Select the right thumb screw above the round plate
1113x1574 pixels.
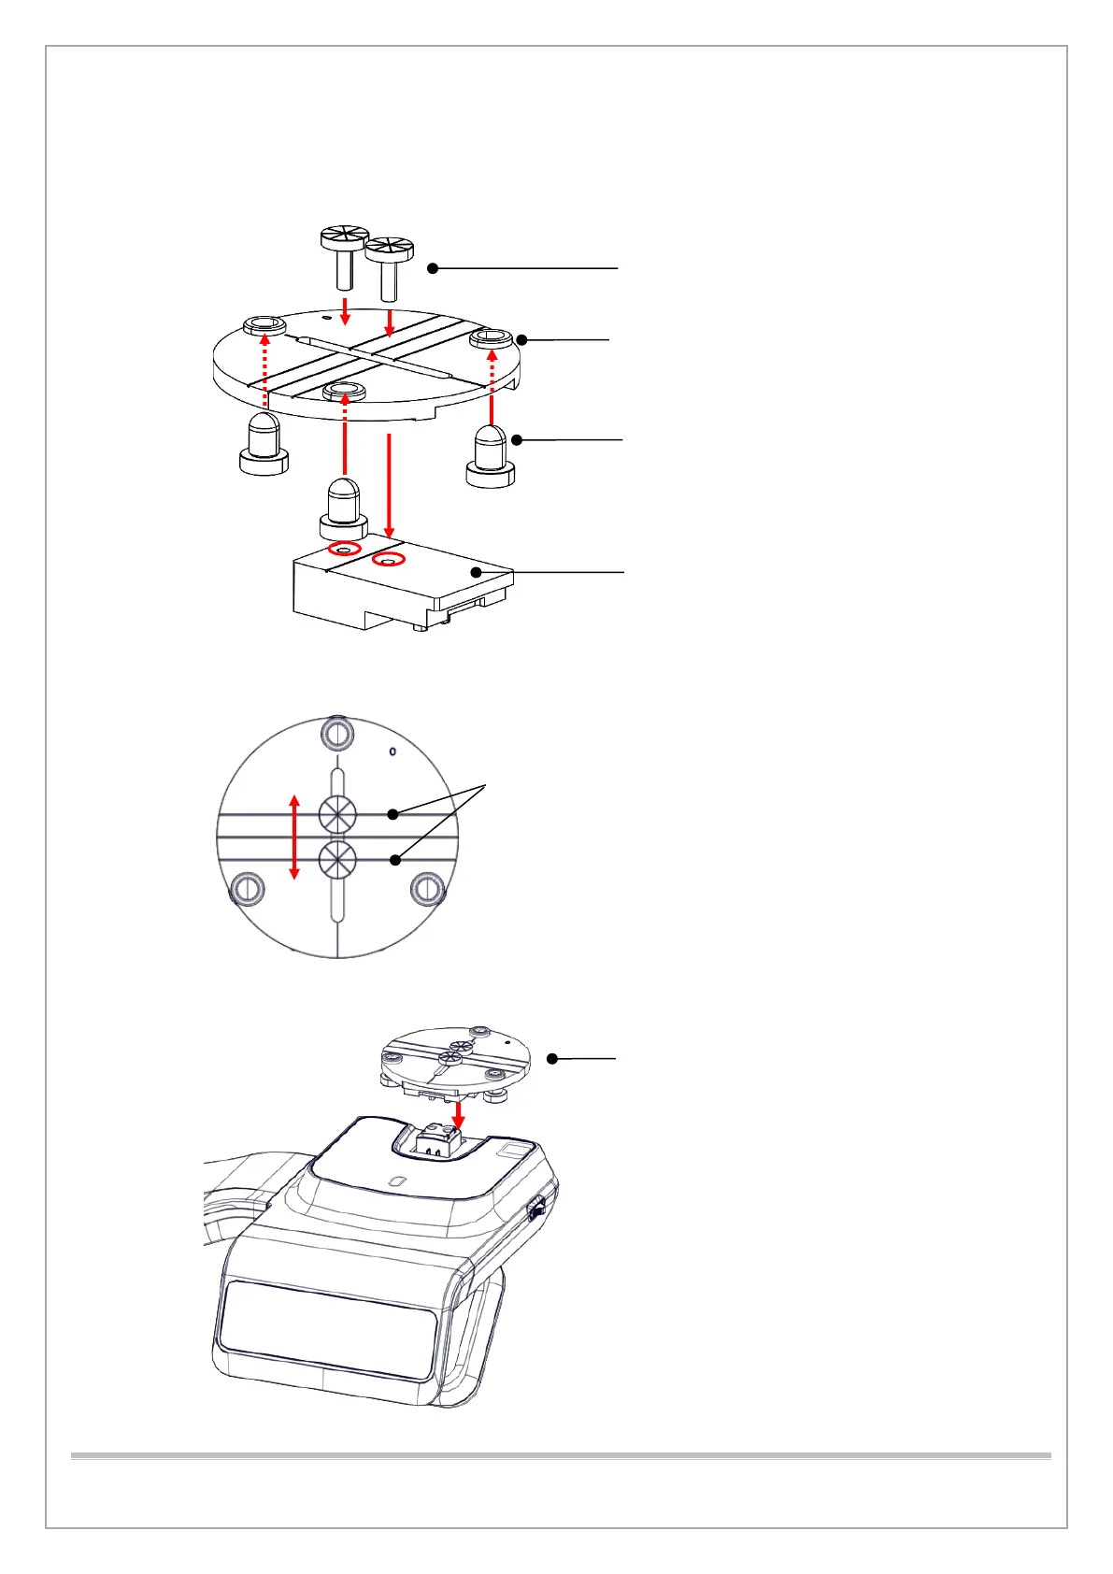389,264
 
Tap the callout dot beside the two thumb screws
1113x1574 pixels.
433,268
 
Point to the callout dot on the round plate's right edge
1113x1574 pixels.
522,339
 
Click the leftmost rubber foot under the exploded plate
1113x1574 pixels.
264,445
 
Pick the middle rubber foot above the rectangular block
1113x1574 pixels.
343,509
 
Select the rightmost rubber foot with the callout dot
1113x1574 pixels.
491,455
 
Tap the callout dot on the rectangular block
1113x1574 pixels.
477,571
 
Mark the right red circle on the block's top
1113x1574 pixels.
389,560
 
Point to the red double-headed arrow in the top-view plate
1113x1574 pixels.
294,837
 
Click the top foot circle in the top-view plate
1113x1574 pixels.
337,733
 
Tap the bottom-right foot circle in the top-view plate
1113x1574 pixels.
427,889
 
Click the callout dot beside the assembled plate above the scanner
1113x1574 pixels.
552,1059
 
